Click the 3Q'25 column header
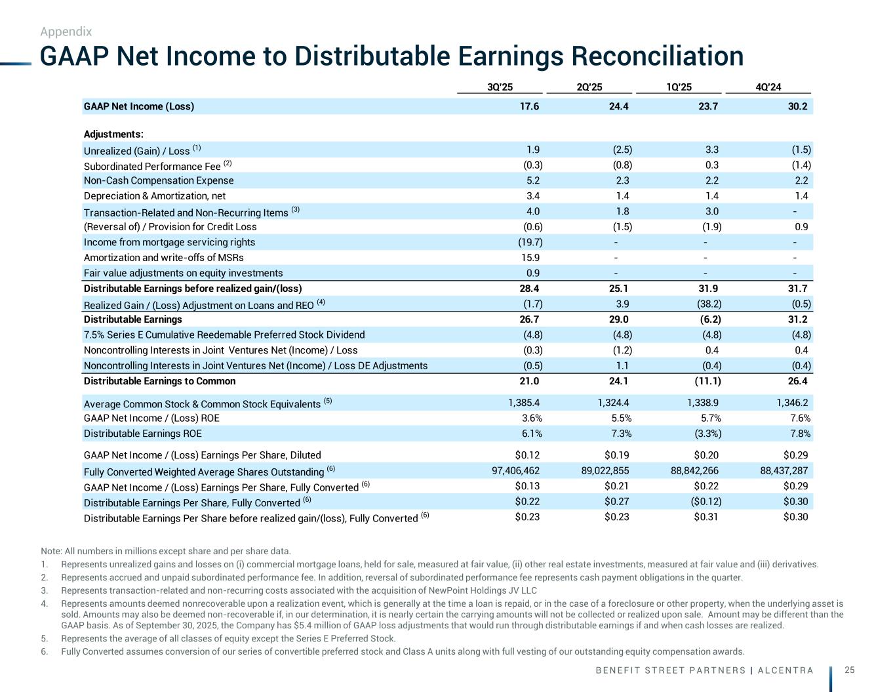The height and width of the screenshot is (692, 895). coord(500,87)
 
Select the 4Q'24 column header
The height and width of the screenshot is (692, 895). coord(768,87)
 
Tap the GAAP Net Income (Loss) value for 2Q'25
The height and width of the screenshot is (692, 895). coord(618,106)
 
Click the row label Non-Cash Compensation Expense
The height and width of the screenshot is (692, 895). coord(159,180)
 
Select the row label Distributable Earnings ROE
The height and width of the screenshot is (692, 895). coord(143,433)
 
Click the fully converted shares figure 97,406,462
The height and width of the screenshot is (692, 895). coord(517,470)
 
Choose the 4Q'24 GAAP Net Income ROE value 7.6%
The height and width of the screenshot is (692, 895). coord(797,418)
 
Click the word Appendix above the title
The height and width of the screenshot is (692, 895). coord(66,31)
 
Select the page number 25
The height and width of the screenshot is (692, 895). coord(850,670)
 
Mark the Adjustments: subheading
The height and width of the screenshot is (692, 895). coord(113,134)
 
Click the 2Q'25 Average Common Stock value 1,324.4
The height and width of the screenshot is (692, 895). coord(610,403)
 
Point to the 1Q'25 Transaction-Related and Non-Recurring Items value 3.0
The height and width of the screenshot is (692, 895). coord(711,211)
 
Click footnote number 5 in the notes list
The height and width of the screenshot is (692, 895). coord(43,638)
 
